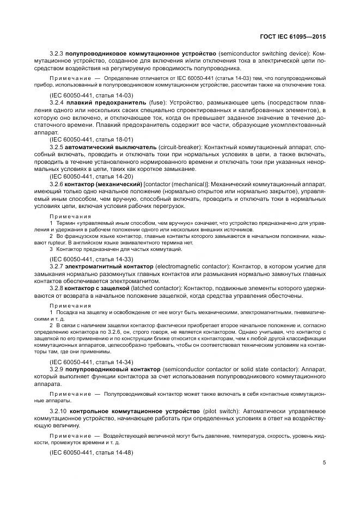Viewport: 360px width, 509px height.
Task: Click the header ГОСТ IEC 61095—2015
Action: [x=295, y=36]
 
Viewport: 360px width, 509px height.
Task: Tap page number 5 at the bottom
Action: [x=324, y=463]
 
